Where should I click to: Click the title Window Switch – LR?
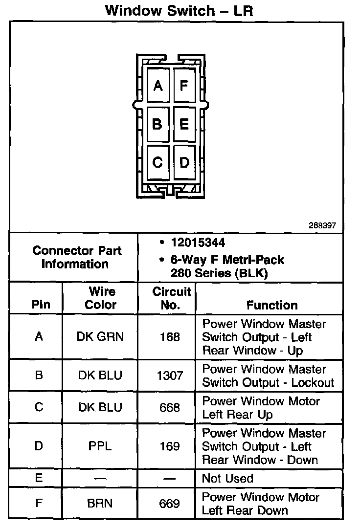(x=179, y=11)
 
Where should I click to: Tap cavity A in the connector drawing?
(x=157, y=86)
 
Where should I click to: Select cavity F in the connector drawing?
(x=184, y=86)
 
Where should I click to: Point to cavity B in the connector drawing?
(x=157, y=124)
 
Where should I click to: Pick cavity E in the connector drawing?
(x=184, y=124)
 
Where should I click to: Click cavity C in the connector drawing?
(x=157, y=162)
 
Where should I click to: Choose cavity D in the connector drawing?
(x=184, y=162)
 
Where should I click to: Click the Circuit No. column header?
(x=171, y=298)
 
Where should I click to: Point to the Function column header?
(x=272, y=305)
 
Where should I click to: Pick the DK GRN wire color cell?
(x=100, y=337)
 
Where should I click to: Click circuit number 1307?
(x=170, y=375)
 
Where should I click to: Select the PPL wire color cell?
(x=100, y=446)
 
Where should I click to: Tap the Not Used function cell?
(x=228, y=479)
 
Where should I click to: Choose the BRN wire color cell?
(x=100, y=504)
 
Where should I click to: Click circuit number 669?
(x=170, y=504)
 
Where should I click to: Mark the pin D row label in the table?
(x=39, y=446)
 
